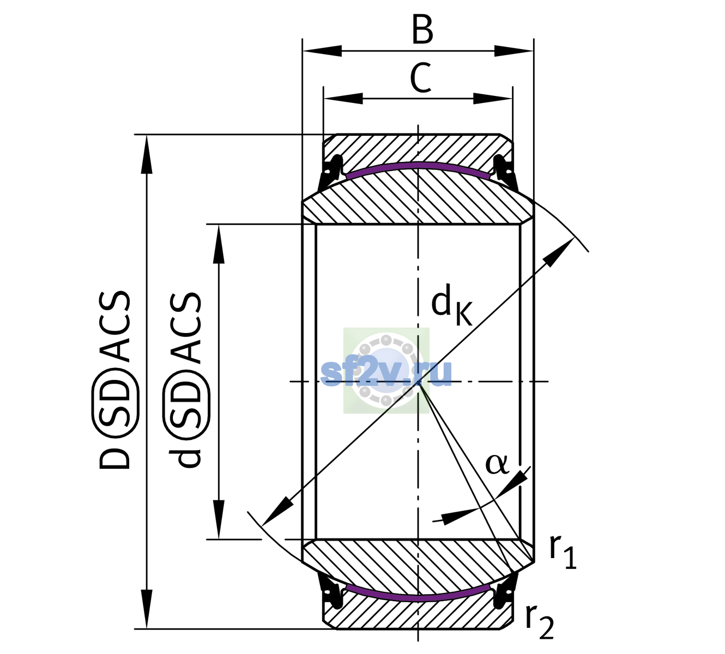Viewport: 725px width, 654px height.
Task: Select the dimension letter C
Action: (421, 78)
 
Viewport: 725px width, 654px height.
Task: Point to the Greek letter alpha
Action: (497, 464)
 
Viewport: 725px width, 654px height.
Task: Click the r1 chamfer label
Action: (563, 553)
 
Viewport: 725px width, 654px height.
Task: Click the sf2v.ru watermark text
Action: (386, 373)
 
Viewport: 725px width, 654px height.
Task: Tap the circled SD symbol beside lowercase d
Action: (186, 404)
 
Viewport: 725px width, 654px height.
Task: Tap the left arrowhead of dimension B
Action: (322, 51)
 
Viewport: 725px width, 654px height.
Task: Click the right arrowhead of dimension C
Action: (493, 98)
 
